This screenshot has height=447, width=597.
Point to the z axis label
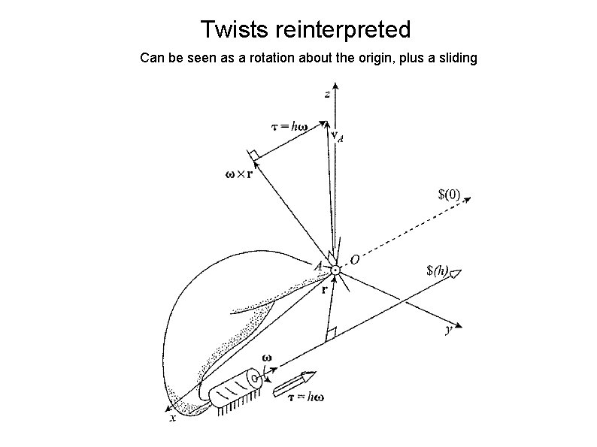326,94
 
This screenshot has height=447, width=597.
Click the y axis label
449,332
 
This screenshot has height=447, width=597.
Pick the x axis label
173,418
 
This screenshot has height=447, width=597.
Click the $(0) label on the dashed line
450,195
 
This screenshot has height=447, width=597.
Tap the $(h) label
438,270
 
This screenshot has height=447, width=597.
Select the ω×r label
240,175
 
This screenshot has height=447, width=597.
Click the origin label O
353,260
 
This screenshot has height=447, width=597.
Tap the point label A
319,265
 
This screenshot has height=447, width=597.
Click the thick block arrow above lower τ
292,382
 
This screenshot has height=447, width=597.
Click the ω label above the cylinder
266,359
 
